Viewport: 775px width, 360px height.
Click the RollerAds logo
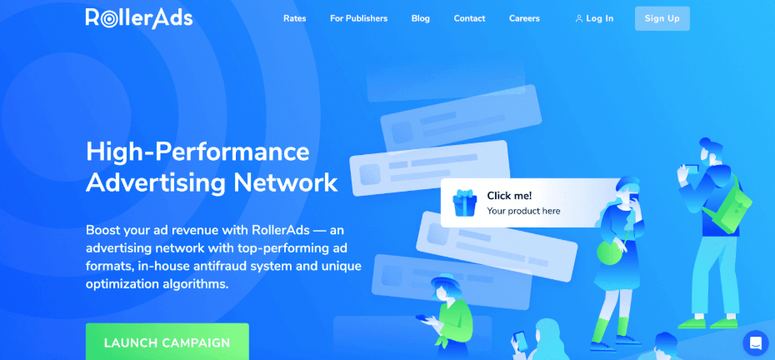click(138, 18)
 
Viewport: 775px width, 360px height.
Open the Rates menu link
click(294, 18)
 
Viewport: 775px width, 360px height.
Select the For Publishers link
click(358, 18)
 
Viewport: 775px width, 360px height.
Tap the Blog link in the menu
click(421, 18)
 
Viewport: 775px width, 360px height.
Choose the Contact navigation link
click(470, 18)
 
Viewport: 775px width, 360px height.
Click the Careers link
click(524, 18)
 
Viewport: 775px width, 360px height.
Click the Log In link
click(599, 18)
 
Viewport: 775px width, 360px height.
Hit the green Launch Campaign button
click(167, 342)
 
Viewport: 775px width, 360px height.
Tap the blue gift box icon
click(464, 202)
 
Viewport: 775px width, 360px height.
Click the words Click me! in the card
click(509, 195)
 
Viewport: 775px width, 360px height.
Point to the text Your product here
click(523, 211)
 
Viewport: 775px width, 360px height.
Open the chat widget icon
click(755, 342)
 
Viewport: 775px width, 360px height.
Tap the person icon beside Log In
click(579, 18)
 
